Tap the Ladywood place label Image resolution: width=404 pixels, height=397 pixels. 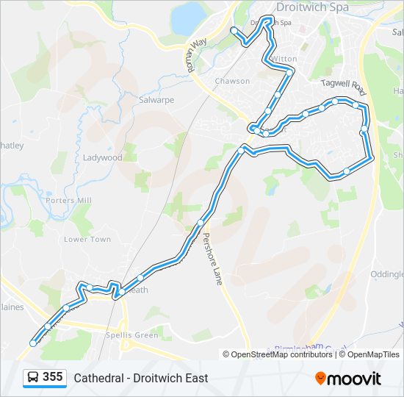(x=102, y=157)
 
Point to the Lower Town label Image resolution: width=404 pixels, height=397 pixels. (x=87, y=240)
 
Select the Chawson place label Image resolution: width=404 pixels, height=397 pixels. (x=232, y=81)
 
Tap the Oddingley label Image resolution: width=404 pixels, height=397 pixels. (x=388, y=274)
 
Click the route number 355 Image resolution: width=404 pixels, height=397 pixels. (x=52, y=377)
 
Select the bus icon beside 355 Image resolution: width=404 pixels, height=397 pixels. (x=33, y=378)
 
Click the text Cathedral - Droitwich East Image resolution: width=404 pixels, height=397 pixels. (x=140, y=378)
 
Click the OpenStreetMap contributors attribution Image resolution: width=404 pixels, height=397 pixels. (x=281, y=354)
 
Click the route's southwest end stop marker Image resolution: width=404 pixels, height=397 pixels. (x=32, y=343)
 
